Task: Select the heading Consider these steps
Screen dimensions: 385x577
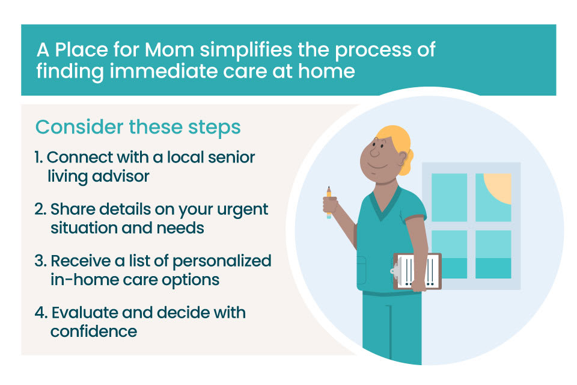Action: (x=138, y=127)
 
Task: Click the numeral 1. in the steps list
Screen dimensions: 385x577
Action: (x=39, y=157)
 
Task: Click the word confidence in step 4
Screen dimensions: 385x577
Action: (x=94, y=331)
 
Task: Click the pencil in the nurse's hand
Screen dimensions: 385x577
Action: (x=329, y=201)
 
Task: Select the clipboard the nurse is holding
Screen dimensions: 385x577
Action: (x=417, y=271)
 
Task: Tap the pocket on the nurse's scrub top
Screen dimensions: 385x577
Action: (x=363, y=268)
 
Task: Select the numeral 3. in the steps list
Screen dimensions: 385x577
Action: (x=41, y=261)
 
